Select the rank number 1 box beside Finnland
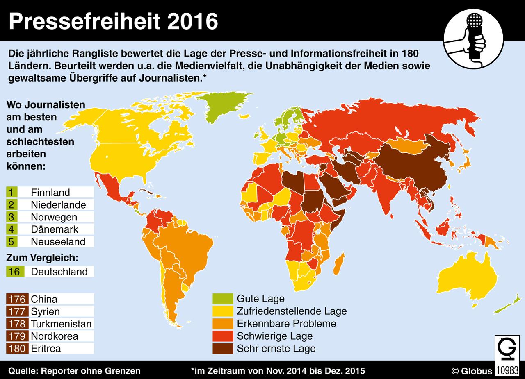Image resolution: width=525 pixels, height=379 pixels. coord(11,192)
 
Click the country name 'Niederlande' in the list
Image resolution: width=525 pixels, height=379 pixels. coord(58,204)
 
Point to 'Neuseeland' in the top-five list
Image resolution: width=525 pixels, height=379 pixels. coord(58,241)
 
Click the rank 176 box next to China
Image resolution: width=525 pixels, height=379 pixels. coord(15,299)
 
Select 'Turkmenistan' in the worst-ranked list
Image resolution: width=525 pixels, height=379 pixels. coord(61,324)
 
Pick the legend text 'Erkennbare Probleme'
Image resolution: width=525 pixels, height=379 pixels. coord(286,323)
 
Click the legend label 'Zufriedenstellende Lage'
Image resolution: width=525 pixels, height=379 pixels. coord(292,311)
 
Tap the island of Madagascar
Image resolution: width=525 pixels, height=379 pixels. coord(338,265)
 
